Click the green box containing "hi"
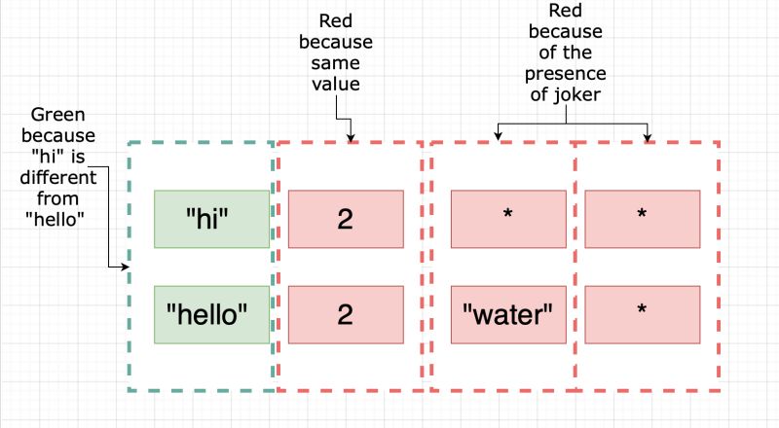coord(211,219)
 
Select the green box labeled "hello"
coord(211,314)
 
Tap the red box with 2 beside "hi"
coord(345,219)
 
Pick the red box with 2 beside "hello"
coord(345,314)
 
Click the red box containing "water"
coord(507,314)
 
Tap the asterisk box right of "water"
coord(642,314)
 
